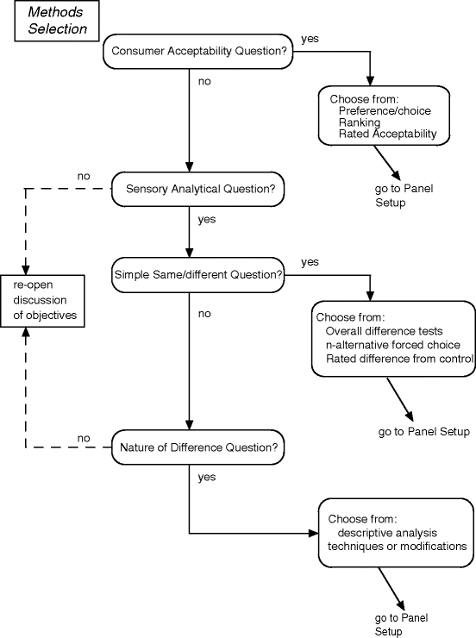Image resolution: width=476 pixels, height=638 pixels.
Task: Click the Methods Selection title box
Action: point(56,21)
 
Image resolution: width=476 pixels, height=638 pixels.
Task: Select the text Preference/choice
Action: point(385,111)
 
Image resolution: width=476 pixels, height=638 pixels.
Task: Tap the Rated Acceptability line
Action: point(388,134)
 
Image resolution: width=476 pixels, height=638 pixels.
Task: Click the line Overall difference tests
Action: point(385,331)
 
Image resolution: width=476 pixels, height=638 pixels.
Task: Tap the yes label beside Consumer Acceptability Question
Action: point(309,40)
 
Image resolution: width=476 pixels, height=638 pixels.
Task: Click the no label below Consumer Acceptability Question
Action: point(204,83)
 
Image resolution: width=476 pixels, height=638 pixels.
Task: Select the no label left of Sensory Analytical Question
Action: point(84,177)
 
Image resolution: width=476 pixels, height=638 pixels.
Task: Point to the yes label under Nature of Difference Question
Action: point(207,477)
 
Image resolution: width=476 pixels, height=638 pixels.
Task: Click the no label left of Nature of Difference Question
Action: point(84,438)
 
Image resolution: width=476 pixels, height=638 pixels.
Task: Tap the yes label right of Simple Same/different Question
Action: point(310,261)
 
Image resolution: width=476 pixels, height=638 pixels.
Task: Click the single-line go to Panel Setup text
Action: point(424,432)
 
